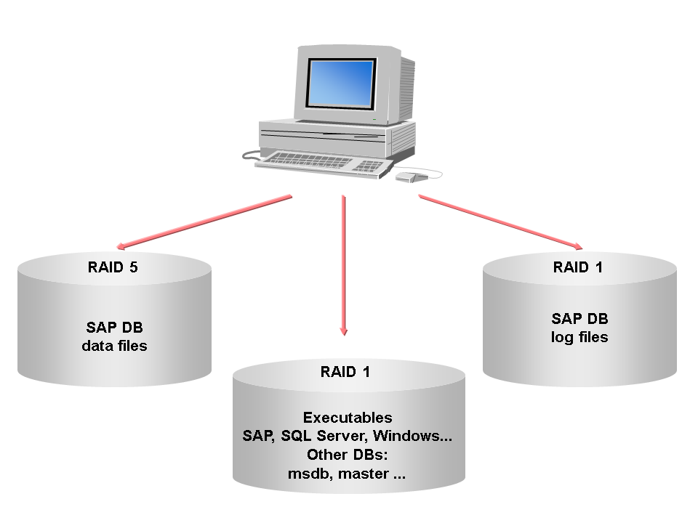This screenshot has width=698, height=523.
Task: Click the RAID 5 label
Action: click(113, 267)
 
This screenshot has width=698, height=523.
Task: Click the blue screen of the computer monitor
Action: click(340, 82)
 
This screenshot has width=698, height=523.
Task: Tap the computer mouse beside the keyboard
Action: click(408, 177)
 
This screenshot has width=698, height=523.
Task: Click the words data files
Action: click(115, 346)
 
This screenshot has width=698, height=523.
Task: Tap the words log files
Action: click(579, 337)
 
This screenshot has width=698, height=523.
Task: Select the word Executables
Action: click(348, 418)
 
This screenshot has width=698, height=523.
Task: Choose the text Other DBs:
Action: click(347, 456)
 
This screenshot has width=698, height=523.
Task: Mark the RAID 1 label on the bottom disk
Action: click(345, 372)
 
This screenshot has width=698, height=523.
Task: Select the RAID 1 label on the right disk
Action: click(578, 267)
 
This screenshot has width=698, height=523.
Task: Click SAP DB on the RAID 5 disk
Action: click(115, 327)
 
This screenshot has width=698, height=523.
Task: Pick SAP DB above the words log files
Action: click(579, 318)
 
